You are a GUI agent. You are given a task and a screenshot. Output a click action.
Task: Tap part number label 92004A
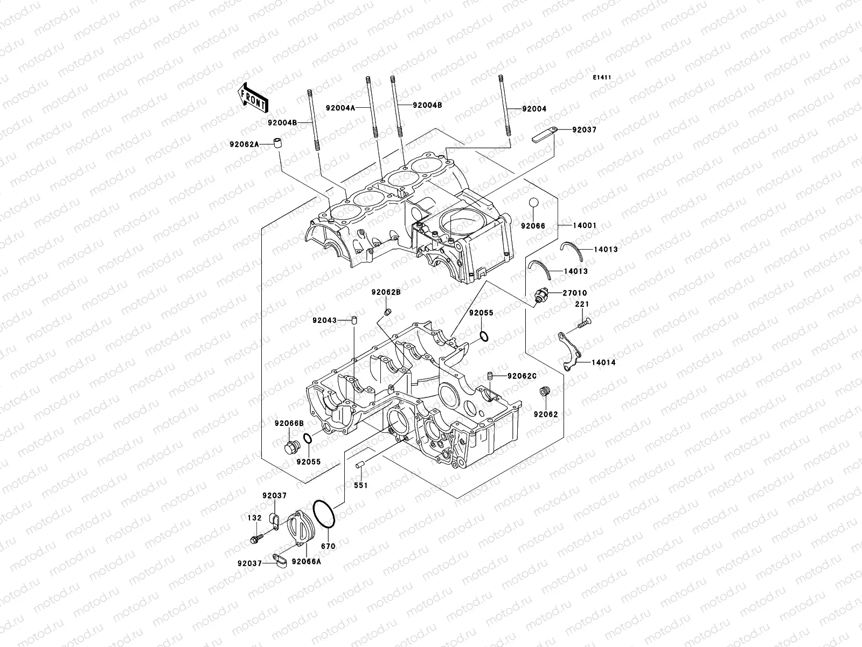tap(355, 107)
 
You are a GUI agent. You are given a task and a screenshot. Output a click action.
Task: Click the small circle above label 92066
tap(533, 203)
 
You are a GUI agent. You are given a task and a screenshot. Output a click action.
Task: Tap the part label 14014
tap(603, 363)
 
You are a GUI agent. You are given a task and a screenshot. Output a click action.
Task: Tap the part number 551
tap(360, 485)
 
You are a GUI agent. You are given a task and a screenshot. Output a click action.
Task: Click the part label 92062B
tap(386, 292)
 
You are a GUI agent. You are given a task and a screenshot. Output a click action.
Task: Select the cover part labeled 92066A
tap(306, 561)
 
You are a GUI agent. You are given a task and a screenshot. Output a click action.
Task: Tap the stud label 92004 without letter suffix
tap(533, 108)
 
